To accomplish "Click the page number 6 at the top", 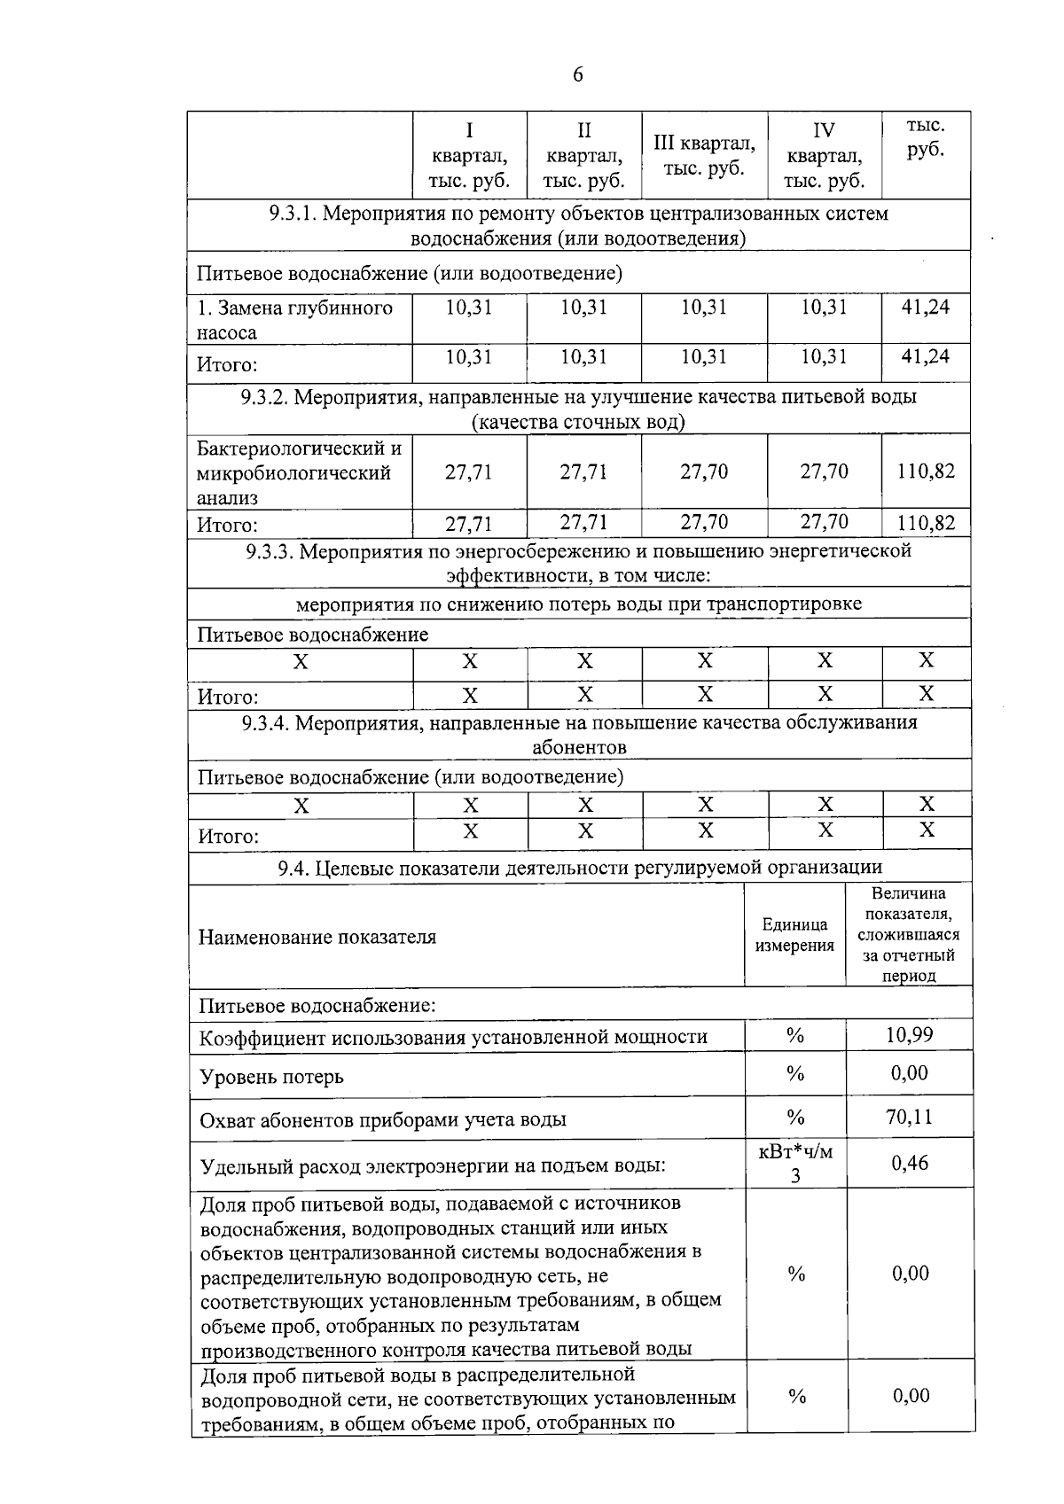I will (x=577, y=74).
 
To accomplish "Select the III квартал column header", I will (x=704, y=155).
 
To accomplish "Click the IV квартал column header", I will (x=824, y=156).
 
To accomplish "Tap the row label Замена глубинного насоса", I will (x=294, y=320).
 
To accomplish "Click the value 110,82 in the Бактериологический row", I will (x=926, y=471).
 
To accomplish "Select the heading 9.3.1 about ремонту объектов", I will (x=578, y=225).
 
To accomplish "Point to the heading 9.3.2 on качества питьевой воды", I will (x=578, y=409).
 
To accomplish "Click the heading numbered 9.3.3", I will (x=578, y=564).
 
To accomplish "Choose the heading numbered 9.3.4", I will (x=578, y=735).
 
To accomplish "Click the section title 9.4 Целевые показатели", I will (x=580, y=868).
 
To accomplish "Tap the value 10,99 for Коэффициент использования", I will (x=909, y=1035).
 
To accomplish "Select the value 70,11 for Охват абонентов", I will (x=909, y=1117).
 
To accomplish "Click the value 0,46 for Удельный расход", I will (x=909, y=1163).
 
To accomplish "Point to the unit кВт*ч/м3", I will (x=795, y=1164).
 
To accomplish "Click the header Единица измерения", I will (x=794, y=935).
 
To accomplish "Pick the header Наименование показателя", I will (x=317, y=937).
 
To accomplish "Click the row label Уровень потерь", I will (x=271, y=1077).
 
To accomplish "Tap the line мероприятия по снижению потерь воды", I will (x=578, y=604).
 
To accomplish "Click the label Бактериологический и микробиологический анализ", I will (x=299, y=472).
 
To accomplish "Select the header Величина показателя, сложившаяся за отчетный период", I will (x=909, y=935).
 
